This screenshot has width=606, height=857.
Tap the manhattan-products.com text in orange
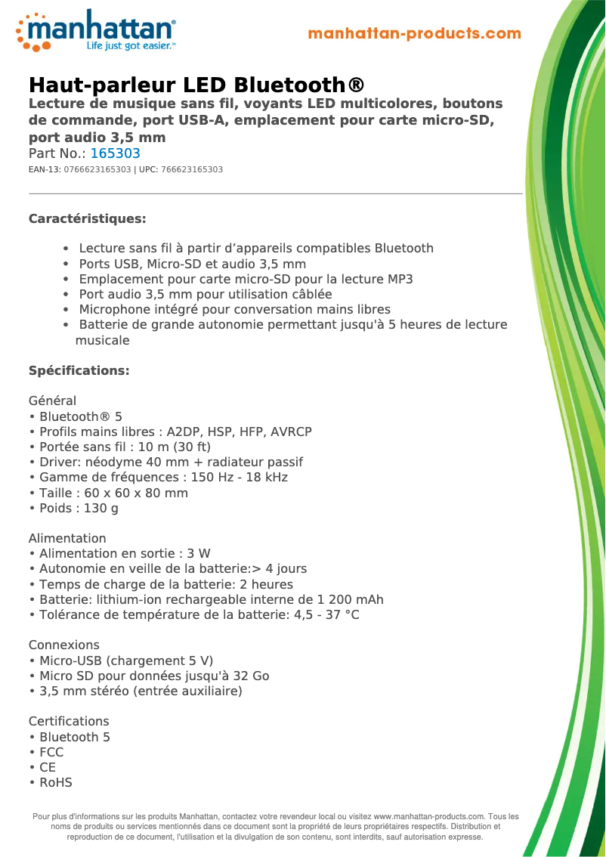click(x=415, y=34)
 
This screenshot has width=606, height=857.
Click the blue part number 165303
click(x=116, y=153)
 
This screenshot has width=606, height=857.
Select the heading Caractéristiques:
click(x=87, y=219)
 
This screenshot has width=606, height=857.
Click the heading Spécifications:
click(x=79, y=371)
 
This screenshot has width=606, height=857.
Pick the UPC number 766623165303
click(x=192, y=170)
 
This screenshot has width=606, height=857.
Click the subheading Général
click(x=52, y=401)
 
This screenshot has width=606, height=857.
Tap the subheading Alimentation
click(x=67, y=539)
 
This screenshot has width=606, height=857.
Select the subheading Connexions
click(x=64, y=645)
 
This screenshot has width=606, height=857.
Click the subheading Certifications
click(x=69, y=722)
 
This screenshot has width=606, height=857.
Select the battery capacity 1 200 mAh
click(x=347, y=600)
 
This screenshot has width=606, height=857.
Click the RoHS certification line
click(x=56, y=783)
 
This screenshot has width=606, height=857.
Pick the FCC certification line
click(x=51, y=753)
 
